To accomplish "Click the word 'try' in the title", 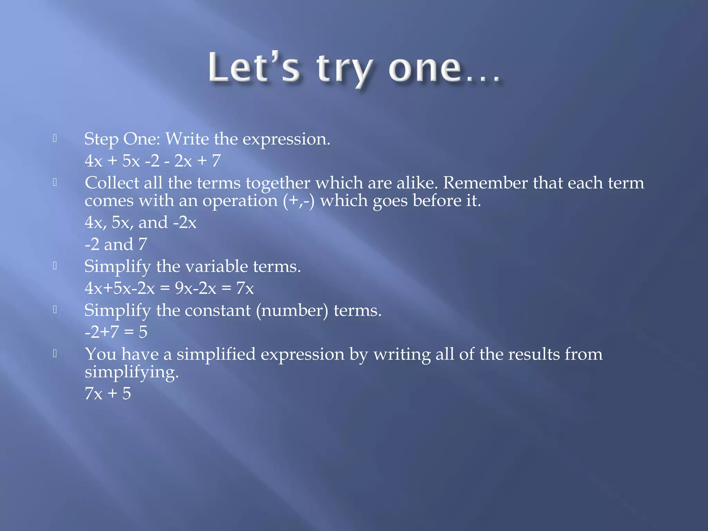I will click(344, 69).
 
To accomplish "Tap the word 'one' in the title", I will click(425, 68).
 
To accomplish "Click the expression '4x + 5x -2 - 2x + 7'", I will click(152, 161).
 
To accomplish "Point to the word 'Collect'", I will click(112, 183).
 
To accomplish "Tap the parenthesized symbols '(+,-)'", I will click(299, 201).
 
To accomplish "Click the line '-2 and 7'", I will click(116, 244).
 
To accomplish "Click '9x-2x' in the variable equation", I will click(195, 288).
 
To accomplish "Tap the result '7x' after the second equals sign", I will click(245, 288).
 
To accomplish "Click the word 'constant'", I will click(217, 310).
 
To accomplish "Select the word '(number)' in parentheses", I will click(292, 311).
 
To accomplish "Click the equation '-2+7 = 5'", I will click(116, 332).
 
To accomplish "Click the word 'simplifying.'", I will click(132, 373).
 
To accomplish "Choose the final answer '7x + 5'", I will click(108, 394).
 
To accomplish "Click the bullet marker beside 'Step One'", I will click(55, 139).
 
